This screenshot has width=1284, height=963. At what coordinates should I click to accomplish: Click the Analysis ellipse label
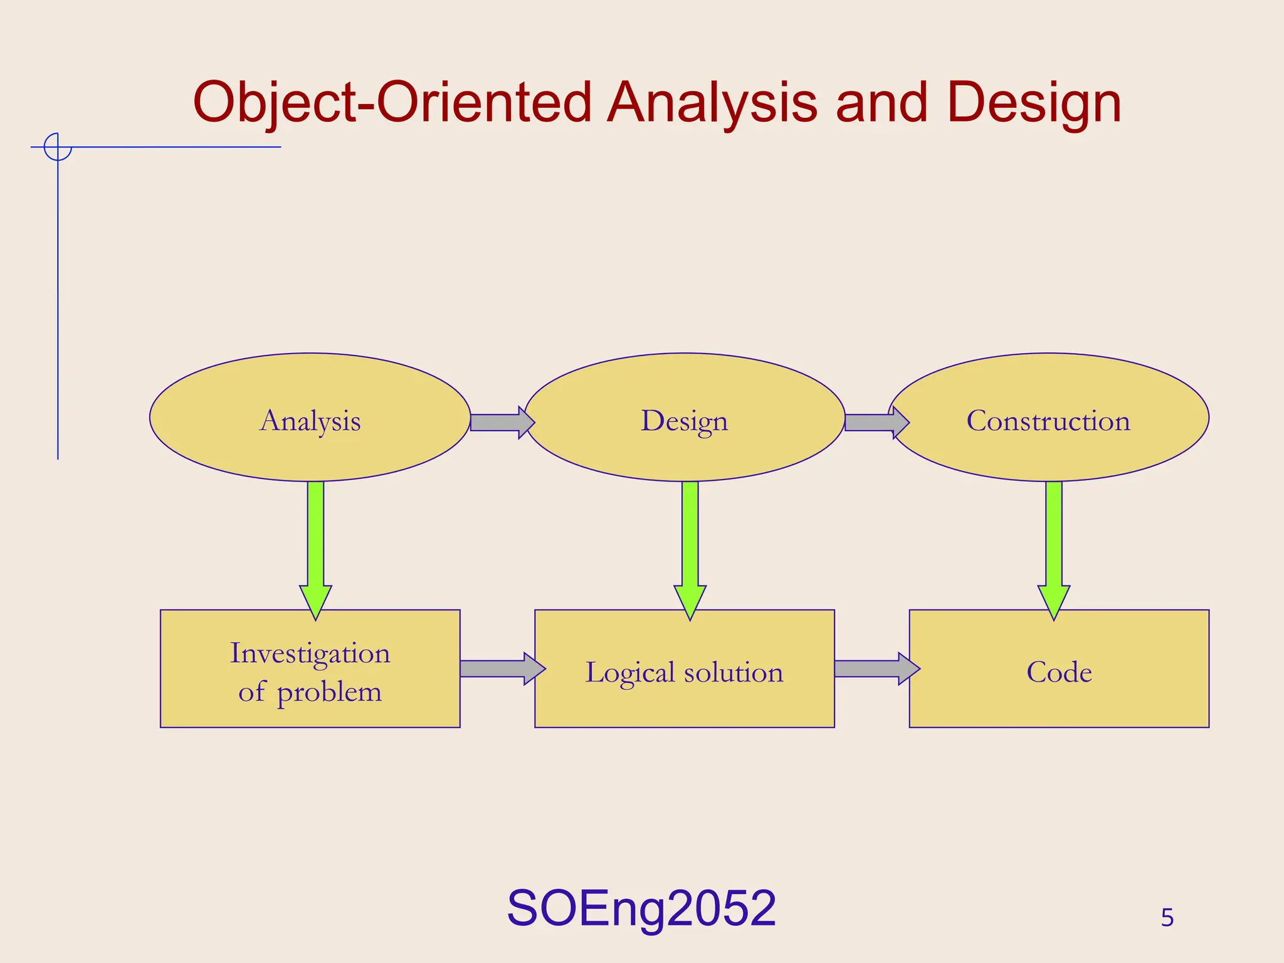pyautogui.click(x=310, y=421)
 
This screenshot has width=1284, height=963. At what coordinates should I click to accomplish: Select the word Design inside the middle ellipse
pyautogui.click(x=684, y=421)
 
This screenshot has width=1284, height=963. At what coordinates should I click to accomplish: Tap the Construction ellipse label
pyautogui.click(x=1048, y=421)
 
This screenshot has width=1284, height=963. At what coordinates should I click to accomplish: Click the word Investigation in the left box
pyautogui.click(x=310, y=653)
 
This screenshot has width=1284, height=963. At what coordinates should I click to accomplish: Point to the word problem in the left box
pyautogui.click(x=329, y=692)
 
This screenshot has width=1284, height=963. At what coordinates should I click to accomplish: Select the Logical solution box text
pyautogui.click(x=684, y=672)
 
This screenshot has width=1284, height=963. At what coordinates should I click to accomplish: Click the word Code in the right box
pyautogui.click(x=1059, y=672)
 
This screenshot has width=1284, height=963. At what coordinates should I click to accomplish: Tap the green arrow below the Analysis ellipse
pyautogui.click(x=315, y=545)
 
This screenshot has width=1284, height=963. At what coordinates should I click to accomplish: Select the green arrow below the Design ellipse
pyautogui.click(x=690, y=545)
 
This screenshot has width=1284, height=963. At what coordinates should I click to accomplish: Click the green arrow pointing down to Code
pyautogui.click(x=1054, y=545)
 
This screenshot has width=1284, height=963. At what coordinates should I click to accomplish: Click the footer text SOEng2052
pyautogui.click(x=641, y=908)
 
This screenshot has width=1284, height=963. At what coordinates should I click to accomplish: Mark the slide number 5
pyautogui.click(x=1167, y=918)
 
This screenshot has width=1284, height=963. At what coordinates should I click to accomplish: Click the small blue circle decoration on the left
pyautogui.click(x=58, y=147)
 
